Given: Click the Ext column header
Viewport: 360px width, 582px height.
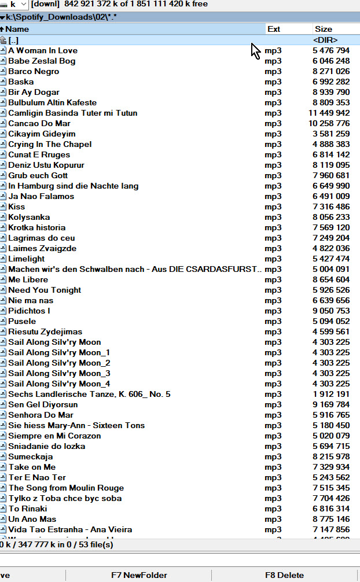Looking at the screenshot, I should tap(274, 29).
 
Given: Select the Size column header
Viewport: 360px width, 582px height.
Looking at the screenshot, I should tap(324, 29).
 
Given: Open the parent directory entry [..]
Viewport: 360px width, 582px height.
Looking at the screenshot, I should tap(13, 40).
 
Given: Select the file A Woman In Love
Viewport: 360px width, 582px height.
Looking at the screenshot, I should tap(43, 50).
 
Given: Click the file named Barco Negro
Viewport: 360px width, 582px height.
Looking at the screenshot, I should tap(34, 71).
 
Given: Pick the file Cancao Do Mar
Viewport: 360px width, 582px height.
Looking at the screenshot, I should tap(39, 123).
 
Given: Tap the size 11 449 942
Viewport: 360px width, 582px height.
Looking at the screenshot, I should tap(329, 113).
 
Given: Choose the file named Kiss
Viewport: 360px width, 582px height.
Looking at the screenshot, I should tap(17, 207).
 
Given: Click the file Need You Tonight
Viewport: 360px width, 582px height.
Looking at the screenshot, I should tap(45, 290).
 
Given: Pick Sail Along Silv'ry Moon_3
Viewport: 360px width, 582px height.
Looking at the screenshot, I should tap(59, 373).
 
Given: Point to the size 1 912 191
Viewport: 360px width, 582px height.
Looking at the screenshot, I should tap(331, 394).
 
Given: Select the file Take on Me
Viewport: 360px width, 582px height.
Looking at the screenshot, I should tap(32, 467).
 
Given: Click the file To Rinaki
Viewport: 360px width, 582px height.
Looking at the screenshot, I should tap(28, 509).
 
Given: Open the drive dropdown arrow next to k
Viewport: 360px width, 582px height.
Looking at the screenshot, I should tap(23, 4).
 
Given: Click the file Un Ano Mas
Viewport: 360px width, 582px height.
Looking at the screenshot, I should tap(32, 519).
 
